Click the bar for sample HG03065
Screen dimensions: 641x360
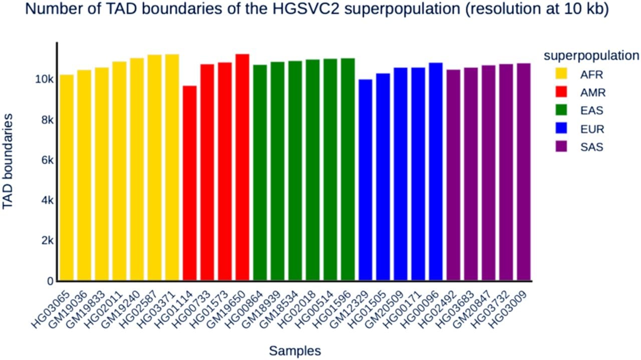pos(67,177)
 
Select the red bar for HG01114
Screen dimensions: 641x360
pos(190,183)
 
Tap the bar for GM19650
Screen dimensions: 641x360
pos(242,167)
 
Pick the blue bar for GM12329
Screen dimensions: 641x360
pos(366,180)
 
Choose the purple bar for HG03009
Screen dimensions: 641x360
pos(524,172)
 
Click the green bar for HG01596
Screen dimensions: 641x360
pos(348,169)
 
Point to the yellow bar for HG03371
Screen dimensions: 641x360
pos(172,167)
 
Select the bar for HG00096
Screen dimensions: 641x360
pos(436,171)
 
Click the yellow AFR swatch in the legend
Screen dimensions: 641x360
pos(561,74)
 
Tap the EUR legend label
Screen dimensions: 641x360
pos(592,129)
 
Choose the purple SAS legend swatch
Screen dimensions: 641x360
pos(561,146)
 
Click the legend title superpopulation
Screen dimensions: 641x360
pos(591,56)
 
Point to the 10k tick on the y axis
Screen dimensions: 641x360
pos(44,79)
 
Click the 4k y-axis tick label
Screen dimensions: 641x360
pos(47,201)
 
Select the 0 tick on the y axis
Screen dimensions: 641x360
pos(50,281)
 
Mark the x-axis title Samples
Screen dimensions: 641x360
pos(295,350)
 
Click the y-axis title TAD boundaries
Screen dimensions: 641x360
pos(8,162)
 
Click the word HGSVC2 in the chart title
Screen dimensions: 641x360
pos(306,9)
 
